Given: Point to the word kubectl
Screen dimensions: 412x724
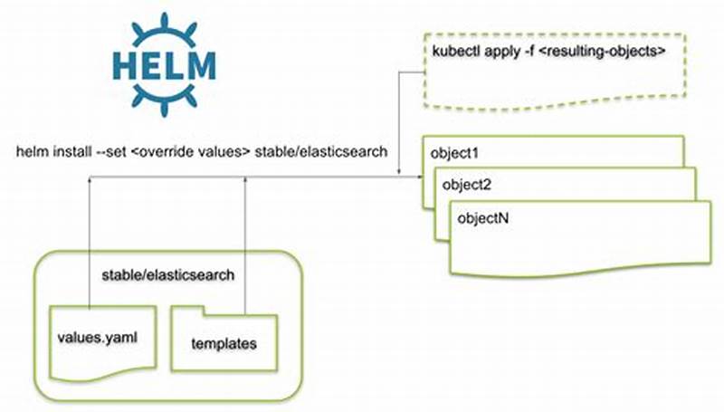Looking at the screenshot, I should click(x=458, y=53).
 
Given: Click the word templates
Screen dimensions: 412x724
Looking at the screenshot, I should click(x=222, y=344).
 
